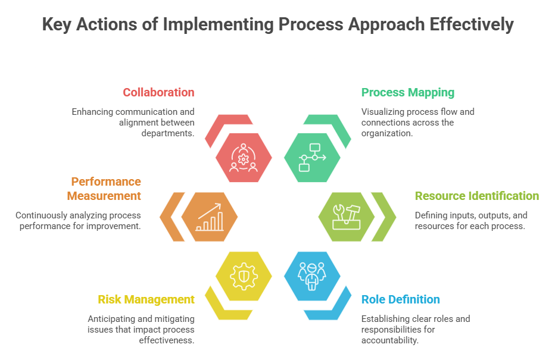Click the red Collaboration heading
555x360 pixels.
coord(158,92)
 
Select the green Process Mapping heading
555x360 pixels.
coord(408,92)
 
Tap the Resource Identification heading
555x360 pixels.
coord(476,196)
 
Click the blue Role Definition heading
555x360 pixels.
coord(401,299)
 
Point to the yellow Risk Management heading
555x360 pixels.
coord(146,299)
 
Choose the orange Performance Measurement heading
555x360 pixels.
coord(104,189)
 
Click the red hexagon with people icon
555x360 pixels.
coord(244,157)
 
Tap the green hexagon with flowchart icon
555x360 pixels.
coord(312,157)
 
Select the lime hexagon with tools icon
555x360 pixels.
coord(346,217)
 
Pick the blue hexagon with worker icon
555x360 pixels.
coord(312,276)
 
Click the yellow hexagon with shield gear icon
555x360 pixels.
coord(244,276)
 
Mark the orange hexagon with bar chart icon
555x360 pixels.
coord(210,217)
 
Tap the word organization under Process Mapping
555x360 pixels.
coord(387,134)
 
